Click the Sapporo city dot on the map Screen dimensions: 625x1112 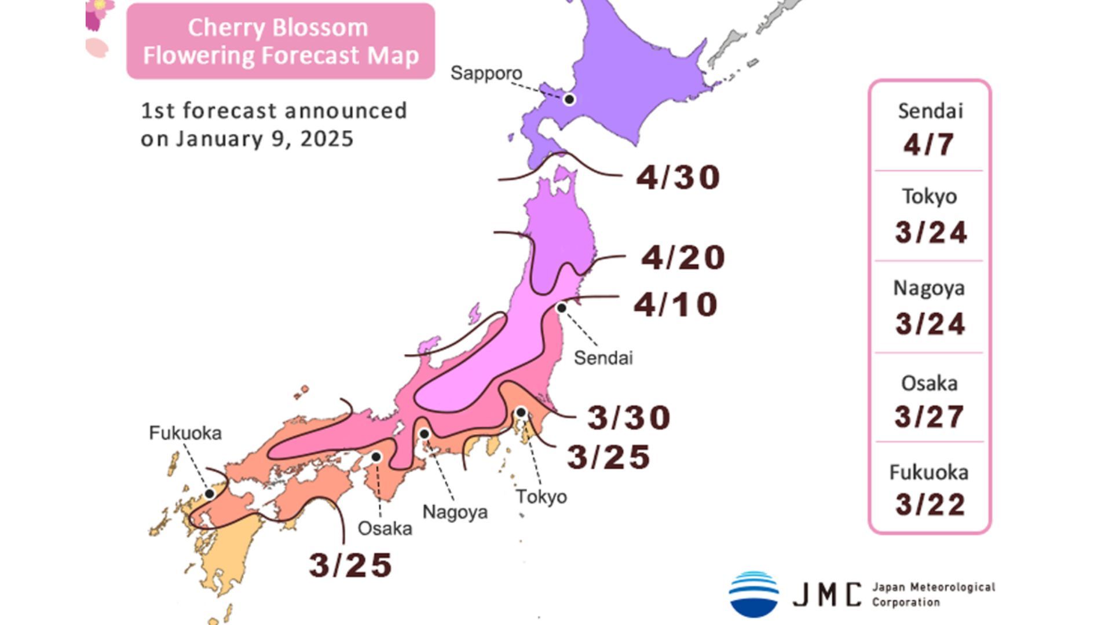tap(569, 100)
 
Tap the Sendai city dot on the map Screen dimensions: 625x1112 tap(561, 308)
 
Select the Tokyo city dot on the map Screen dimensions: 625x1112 tap(521, 413)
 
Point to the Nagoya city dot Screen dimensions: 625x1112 tap(425, 434)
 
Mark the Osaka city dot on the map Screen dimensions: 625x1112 tap(376, 457)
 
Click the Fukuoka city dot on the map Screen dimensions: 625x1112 tap(210, 494)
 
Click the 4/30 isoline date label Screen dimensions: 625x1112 tap(678, 177)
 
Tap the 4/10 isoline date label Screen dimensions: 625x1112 tap(676, 304)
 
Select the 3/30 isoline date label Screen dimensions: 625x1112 tap(629, 417)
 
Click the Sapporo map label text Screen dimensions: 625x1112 tap(487, 73)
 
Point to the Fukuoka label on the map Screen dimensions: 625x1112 tap(185, 433)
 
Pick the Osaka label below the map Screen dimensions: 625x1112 tap(385, 528)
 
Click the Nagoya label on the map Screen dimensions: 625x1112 tap(455, 512)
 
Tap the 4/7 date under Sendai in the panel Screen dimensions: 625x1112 tap(929, 144)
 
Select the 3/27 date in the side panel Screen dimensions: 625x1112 tap(930, 417)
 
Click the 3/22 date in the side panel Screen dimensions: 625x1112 tap(930, 505)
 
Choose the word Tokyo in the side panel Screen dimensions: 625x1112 tap(930, 197)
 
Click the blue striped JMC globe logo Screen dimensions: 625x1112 tap(753, 594)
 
